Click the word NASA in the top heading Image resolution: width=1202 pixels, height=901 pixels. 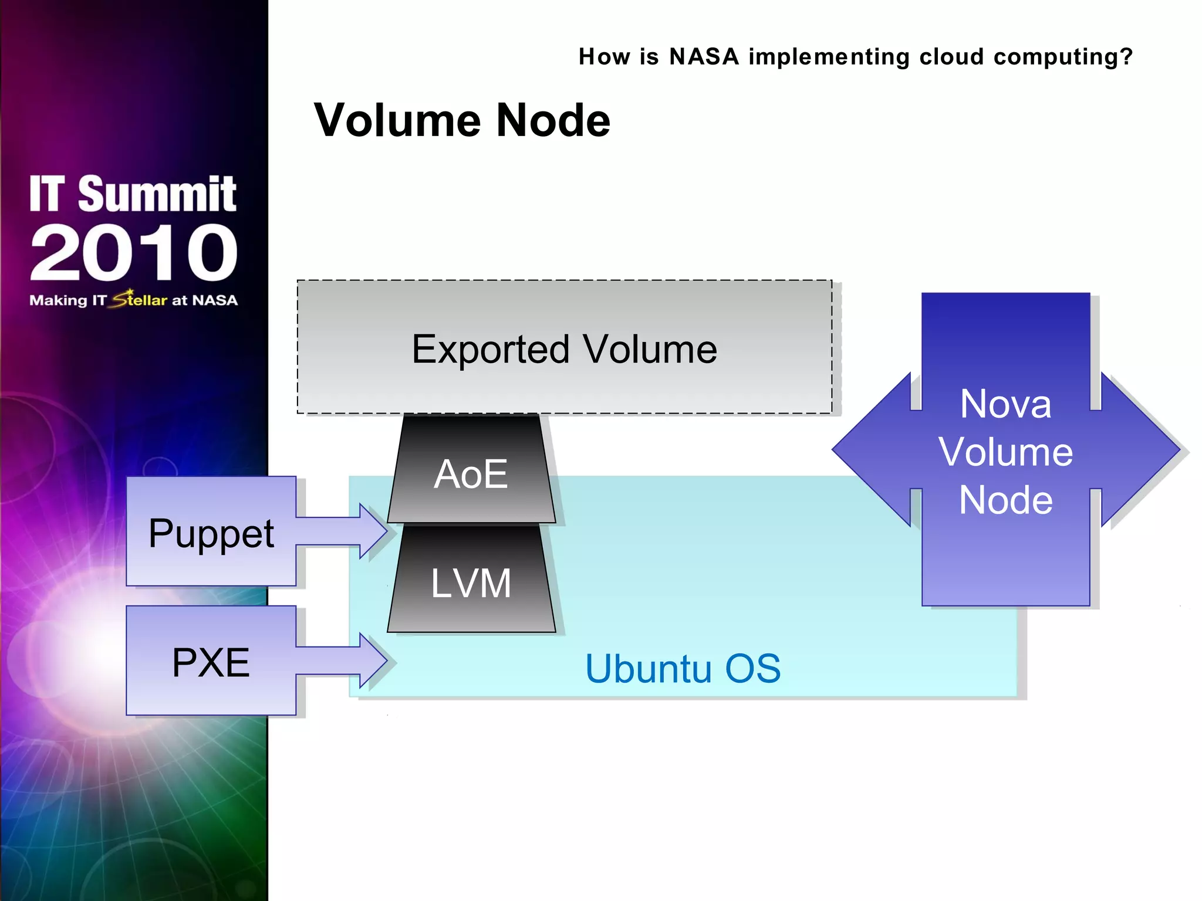click(x=704, y=57)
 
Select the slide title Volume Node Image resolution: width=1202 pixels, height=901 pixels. click(x=462, y=120)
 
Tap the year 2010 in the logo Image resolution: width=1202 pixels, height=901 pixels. click(x=134, y=253)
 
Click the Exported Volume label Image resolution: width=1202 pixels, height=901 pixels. click(x=564, y=349)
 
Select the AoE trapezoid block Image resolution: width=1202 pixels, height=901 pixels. click(x=471, y=473)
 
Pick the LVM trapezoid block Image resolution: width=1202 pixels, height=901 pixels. click(x=471, y=583)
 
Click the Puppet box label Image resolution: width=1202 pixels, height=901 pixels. click(x=211, y=533)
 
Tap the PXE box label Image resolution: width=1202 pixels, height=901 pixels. click(x=211, y=662)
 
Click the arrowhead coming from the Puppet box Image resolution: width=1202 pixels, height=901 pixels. click(x=373, y=531)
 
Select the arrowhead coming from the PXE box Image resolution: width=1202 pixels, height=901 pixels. click(x=373, y=660)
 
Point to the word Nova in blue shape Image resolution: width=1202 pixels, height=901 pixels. click(x=1005, y=404)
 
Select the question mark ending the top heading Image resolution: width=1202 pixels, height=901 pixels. click(x=1126, y=57)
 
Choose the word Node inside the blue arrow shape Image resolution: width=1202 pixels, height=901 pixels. click(x=1005, y=500)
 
